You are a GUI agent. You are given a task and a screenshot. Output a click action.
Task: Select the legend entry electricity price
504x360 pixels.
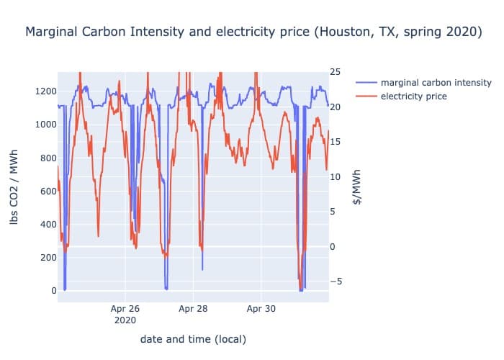click(x=414, y=96)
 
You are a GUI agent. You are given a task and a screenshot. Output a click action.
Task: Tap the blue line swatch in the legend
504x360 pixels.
click(x=366, y=82)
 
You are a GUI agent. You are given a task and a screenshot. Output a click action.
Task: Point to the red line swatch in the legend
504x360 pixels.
click(x=366, y=96)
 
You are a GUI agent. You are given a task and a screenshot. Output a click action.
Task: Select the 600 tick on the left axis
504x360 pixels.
click(x=46, y=191)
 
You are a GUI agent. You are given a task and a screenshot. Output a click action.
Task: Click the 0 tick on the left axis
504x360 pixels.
click(x=51, y=291)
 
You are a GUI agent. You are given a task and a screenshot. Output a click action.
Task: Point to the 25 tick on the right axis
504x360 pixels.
click(x=337, y=72)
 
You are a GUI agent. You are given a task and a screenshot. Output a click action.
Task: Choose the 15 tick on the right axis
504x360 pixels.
click(x=337, y=142)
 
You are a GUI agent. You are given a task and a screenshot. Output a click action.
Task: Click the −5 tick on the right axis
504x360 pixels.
click(x=337, y=282)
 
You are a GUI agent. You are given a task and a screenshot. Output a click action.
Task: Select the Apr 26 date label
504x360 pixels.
click(x=125, y=309)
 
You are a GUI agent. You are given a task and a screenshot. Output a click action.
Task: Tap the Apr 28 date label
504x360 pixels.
click(x=192, y=309)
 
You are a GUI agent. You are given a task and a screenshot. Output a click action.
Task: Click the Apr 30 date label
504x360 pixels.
click(x=260, y=309)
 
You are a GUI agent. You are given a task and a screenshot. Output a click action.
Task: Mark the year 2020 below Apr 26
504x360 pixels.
click(x=125, y=320)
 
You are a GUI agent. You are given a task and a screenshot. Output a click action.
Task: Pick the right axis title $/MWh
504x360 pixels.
click(x=357, y=188)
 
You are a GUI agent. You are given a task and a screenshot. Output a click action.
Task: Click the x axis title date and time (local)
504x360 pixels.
click(x=193, y=338)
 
